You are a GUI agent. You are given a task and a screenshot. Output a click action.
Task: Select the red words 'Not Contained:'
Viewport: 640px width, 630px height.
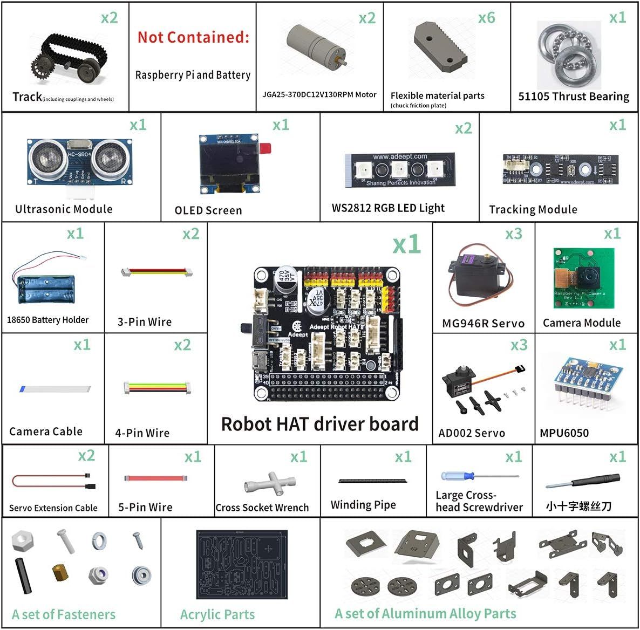click(193, 37)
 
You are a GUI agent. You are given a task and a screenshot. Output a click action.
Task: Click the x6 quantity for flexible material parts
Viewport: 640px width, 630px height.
click(486, 18)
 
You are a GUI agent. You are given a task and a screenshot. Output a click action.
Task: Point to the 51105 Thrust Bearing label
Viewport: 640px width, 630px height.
click(574, 97)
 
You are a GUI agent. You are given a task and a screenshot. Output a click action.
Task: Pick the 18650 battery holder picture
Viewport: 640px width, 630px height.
click(46, 285)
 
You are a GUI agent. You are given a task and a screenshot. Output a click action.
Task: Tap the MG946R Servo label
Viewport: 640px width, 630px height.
click(483, 323)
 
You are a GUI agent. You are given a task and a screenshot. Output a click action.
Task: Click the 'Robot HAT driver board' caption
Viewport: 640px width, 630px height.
click(319, 424)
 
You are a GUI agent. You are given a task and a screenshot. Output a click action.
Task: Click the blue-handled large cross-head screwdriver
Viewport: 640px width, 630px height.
click(480, 476)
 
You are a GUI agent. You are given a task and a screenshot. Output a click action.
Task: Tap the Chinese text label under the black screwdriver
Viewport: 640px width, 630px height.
click(578, 506)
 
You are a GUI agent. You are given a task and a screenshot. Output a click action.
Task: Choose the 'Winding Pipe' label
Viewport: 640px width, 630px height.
click(363, 505)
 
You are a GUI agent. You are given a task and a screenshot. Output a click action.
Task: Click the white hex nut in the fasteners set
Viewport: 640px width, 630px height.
click(22, 540)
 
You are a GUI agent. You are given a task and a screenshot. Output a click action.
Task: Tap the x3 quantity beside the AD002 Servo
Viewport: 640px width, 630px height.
click(519, 345)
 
